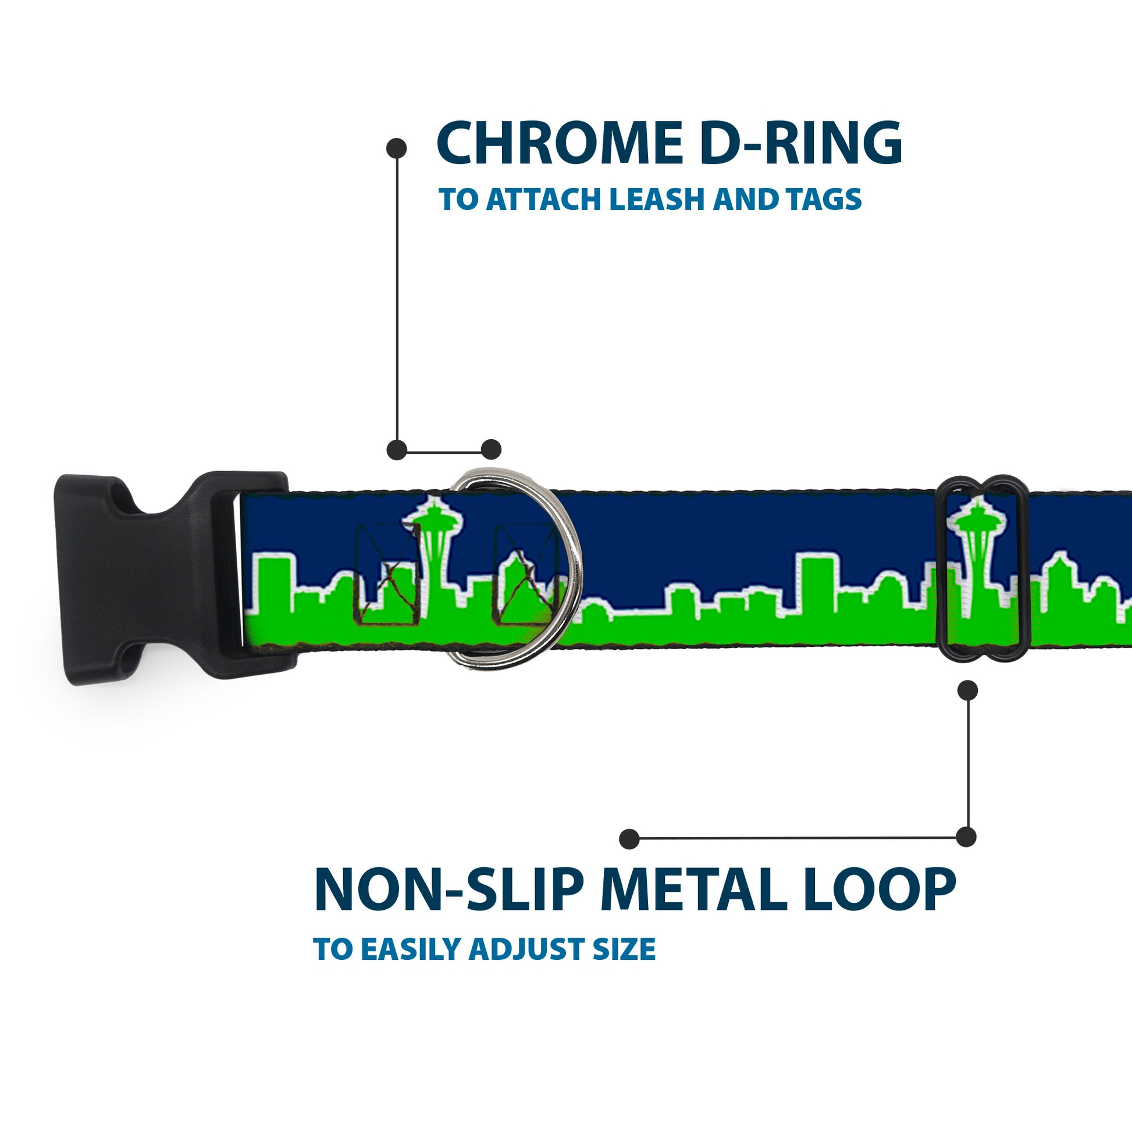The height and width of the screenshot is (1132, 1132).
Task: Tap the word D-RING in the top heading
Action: (800, 144)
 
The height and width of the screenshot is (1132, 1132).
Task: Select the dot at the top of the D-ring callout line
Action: (397, 148)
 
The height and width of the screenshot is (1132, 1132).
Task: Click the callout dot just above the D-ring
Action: (491, 450)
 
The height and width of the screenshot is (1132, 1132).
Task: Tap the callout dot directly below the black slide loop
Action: (967, 690)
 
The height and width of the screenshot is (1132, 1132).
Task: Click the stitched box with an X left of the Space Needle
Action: (389, 574)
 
